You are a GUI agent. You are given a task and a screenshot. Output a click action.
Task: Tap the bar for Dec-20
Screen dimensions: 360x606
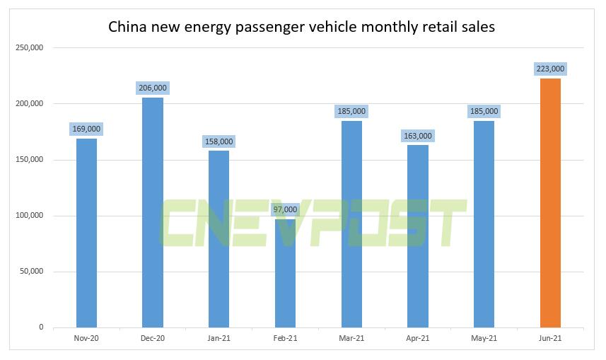(x=153, y=212)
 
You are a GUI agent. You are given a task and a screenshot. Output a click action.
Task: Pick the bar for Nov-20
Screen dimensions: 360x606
(x=86, y=233)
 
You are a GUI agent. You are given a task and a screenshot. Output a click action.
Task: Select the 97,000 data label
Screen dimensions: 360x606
(x=285, y=209)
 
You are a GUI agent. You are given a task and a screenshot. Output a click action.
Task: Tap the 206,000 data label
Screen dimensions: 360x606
(x=153, y=88)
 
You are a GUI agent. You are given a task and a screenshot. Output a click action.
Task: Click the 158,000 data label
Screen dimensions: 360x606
(x=218, y=141)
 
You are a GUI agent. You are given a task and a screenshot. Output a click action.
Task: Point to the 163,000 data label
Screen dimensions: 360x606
(x=418, y=136)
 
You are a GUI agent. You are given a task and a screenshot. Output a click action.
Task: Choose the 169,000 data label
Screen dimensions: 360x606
(x=86, y=129)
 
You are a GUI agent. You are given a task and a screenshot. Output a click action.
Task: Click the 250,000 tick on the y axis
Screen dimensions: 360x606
(x=29, y=48)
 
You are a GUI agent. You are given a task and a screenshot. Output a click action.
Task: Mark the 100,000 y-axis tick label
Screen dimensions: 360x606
(x=29, y=216)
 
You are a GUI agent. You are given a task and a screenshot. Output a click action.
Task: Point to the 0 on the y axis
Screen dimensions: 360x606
(x=41, y=327)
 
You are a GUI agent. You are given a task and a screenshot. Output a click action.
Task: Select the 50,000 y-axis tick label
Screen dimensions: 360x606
(x=31, y=272)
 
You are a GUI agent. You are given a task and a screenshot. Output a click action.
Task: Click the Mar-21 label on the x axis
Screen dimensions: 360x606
(x=351, y=339)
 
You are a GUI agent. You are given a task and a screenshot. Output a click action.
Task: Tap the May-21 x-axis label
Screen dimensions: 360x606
(x=484, y=339)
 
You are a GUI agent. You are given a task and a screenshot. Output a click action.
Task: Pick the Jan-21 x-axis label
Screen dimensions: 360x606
(x=218, y=339)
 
